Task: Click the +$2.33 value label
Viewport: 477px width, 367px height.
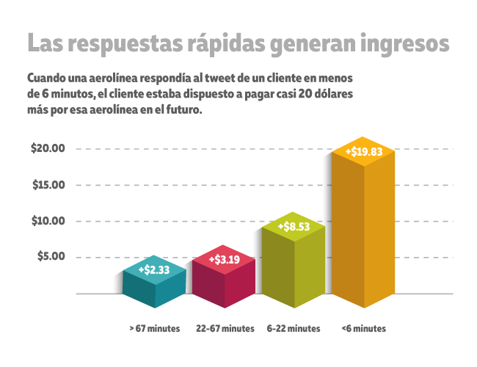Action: [154, 270]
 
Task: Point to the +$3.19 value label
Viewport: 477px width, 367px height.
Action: [224, 259]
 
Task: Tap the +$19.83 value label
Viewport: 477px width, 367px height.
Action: [364, 152]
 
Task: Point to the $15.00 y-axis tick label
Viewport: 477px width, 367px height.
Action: [49, 184]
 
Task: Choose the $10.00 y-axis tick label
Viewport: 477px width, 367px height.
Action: [49, 221]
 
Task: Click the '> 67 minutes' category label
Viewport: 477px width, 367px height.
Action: [154, 328]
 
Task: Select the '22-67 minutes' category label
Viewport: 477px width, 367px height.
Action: [226, 328]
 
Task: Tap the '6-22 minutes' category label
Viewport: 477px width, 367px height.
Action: [294, 328]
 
